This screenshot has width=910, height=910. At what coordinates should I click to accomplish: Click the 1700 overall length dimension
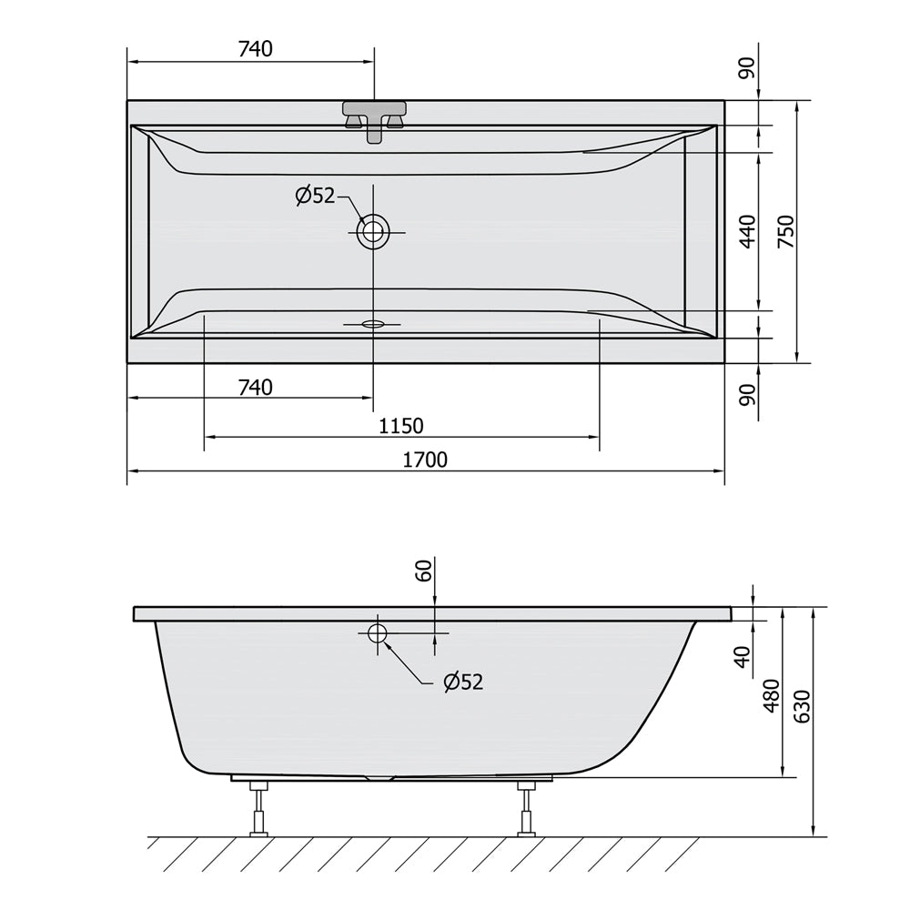click(x=425, y=460)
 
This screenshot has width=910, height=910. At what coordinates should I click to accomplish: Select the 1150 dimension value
click(x=401, y=427)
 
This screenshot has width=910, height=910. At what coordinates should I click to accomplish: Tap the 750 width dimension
click(x=785, y=231)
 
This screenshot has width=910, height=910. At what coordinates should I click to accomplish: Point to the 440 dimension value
click(x=748, y=231)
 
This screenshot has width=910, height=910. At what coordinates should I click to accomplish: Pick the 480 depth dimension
click(x=772, y=695)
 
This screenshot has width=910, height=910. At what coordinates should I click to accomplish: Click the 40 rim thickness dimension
click(x=743, y=656)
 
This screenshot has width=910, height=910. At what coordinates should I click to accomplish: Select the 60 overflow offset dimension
click(x=424, y=570)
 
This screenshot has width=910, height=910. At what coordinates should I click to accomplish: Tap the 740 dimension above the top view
click(x=256, y=49)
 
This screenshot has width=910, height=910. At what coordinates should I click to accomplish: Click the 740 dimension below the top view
click(x=256, y=387)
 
